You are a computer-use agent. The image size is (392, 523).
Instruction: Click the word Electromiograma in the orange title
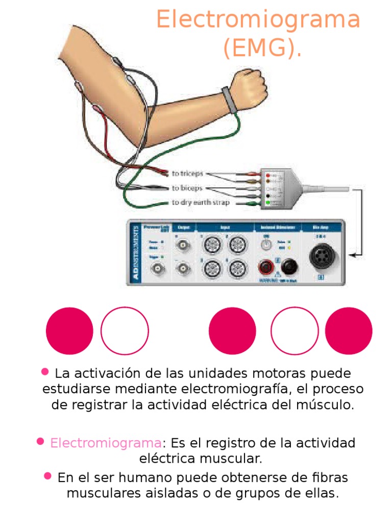(x=258, y=20)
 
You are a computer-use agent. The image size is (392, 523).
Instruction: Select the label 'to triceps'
(x=187, y=174)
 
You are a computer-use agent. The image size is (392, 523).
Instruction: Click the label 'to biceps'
(x=187, y=188)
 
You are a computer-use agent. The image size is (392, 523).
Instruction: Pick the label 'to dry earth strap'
(x=201, y=202)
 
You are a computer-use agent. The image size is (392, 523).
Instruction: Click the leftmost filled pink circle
(x=69, y=331)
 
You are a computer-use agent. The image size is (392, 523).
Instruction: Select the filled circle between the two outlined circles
(x=233, y=331)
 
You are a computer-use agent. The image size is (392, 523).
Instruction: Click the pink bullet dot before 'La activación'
(x=45, y=371)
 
